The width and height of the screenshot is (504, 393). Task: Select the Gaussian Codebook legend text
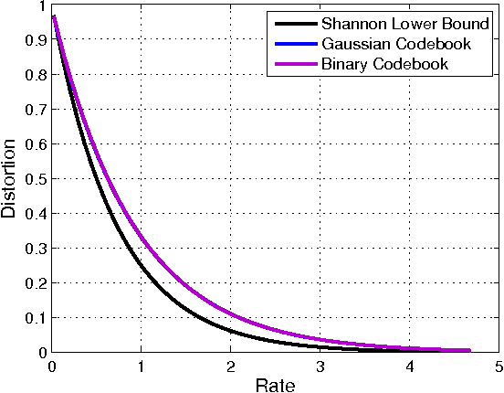(388, 45)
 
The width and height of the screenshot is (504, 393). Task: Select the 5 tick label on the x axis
(499, 366)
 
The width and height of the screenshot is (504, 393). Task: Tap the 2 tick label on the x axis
(230, 366)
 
